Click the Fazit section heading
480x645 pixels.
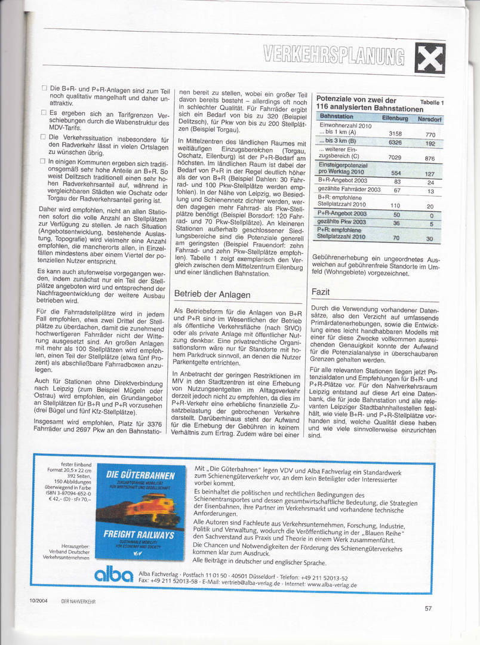click(321, 292)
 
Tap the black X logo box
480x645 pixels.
click(430, 59)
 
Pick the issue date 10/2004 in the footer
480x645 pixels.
click(36, 601)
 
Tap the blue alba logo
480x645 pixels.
click(115, 575)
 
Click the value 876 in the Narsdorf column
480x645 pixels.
click(430, 158)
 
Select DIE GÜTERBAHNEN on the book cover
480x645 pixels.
click(140, 475)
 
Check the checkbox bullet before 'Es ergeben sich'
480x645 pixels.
click(44, 112)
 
